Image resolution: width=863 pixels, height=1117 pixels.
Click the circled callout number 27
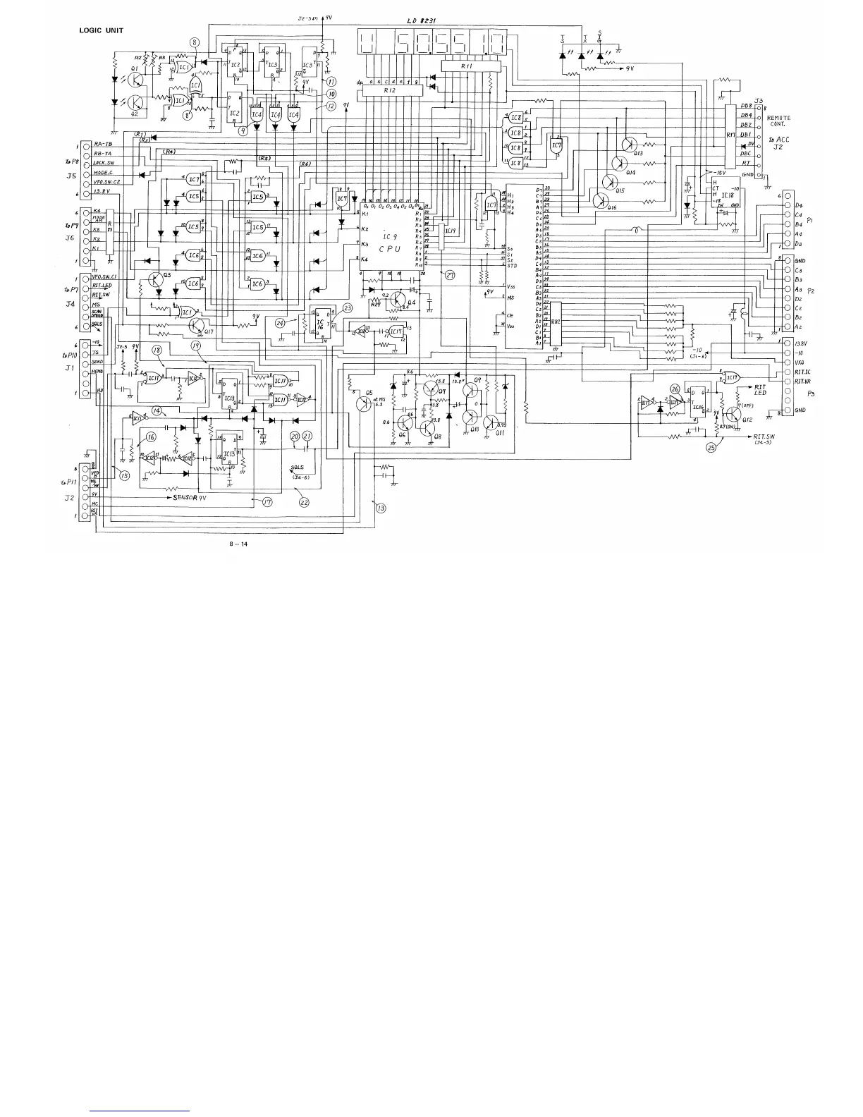(x=450, y=276)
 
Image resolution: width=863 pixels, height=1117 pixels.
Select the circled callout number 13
(x=381, y=508)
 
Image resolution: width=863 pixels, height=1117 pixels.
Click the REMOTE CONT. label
(x=779, y=121)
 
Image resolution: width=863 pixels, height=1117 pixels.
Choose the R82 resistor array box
(x=556, y=322)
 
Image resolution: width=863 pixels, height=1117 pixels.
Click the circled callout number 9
(x=243, y=130)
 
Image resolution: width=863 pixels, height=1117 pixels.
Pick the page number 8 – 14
(x=238, y=544)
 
